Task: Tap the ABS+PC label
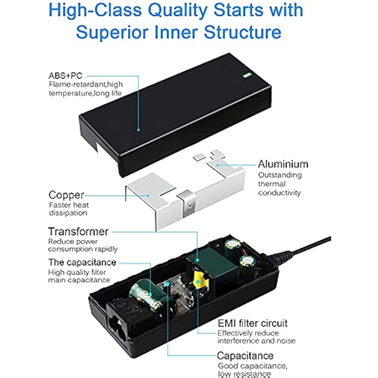pos(66,76)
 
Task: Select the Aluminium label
pos(283,164)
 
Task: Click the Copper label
pos(66,195)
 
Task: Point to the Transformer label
pos(78,231)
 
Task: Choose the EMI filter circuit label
pos(253,323)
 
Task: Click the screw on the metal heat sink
pos(190,206)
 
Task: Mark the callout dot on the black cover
pos(138,130)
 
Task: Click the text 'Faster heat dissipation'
pos(69,209)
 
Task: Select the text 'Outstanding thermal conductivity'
pos(280,184)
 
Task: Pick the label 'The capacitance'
pos(82,262)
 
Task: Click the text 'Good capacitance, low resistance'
pos(253,370)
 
